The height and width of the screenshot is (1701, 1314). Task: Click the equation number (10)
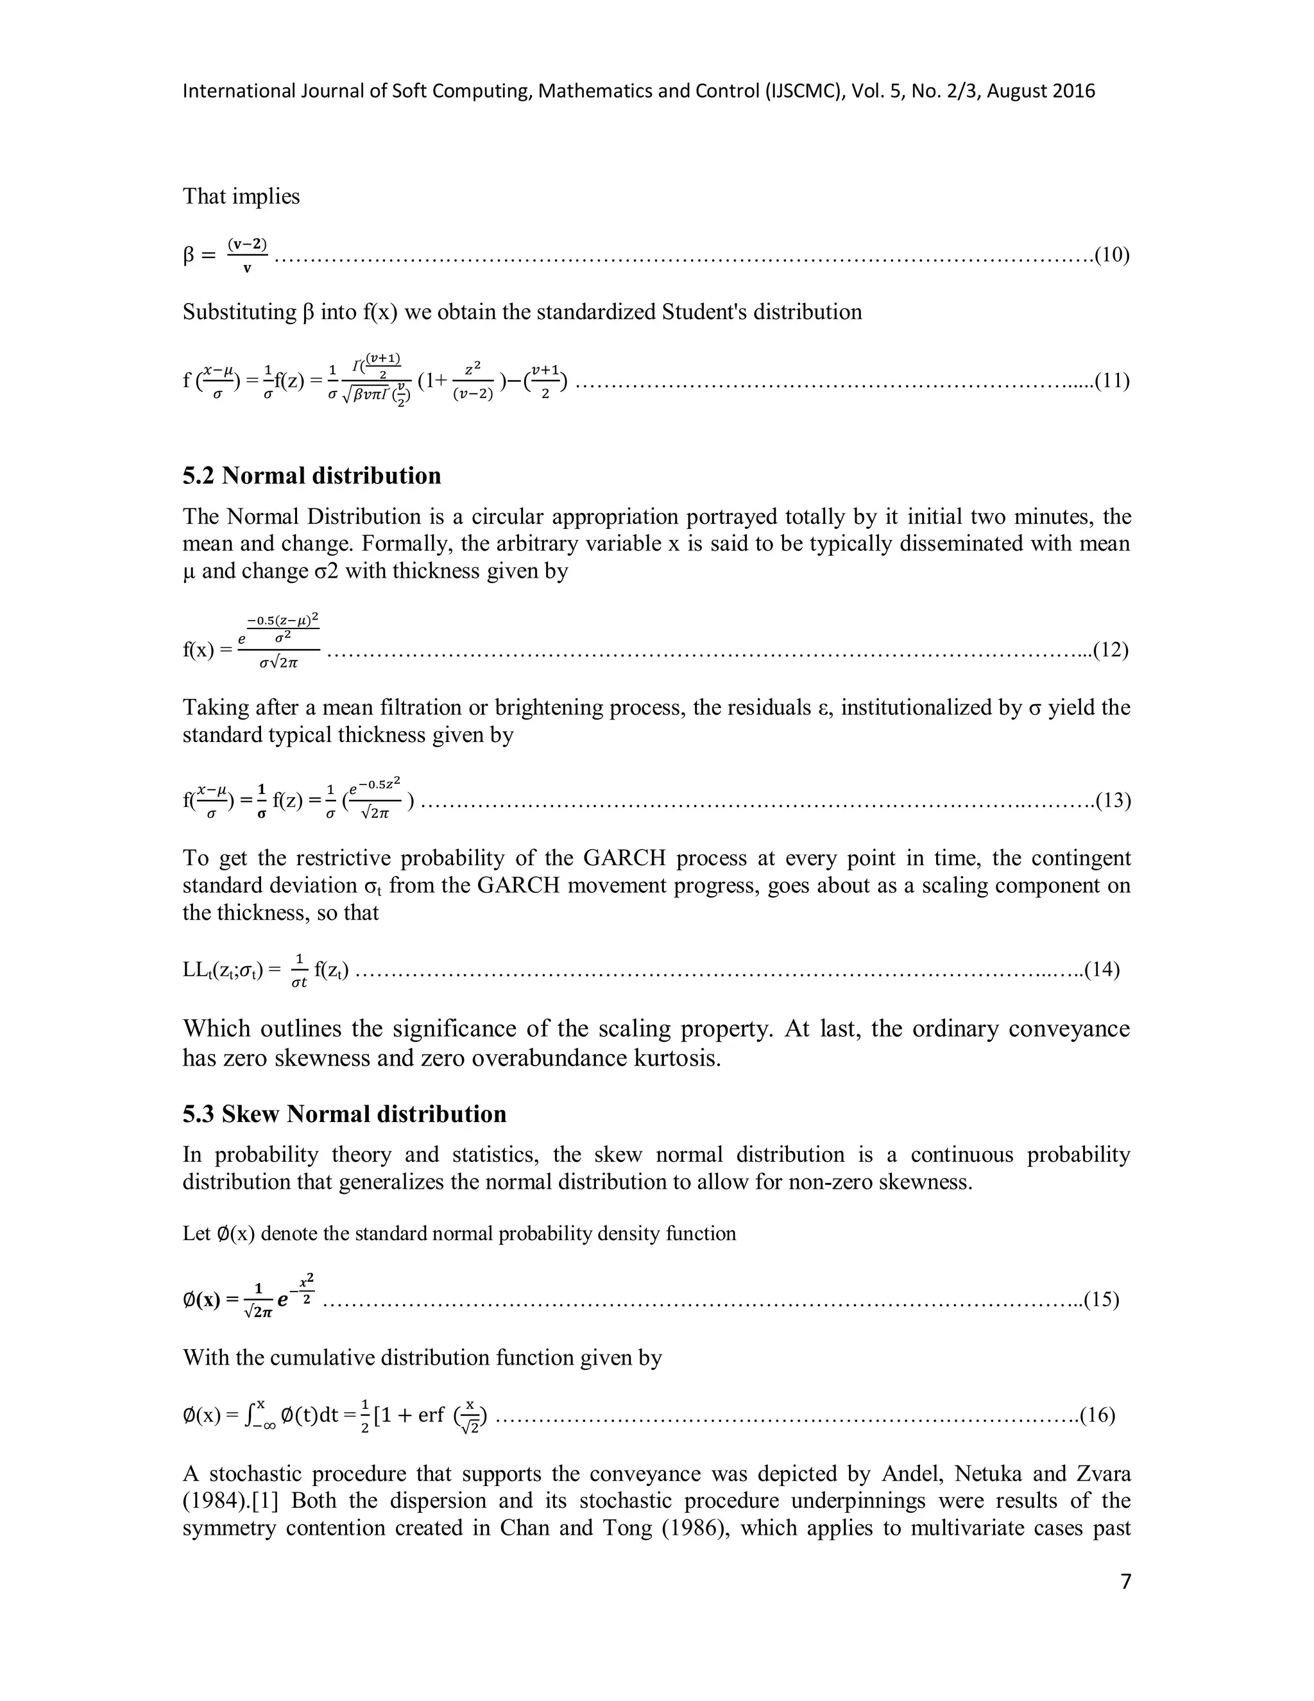click(x=1112, y=255)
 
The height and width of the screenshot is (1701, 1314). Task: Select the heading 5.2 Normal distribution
click(x=311, y=476)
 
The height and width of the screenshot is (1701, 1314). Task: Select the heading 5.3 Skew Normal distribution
click(x=344, y=1114)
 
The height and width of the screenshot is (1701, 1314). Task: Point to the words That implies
click(x=241, y=196)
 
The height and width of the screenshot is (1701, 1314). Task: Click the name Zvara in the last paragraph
click(x=1102, y=1474)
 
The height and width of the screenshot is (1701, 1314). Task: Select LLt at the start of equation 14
click(x=198, y=970)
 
